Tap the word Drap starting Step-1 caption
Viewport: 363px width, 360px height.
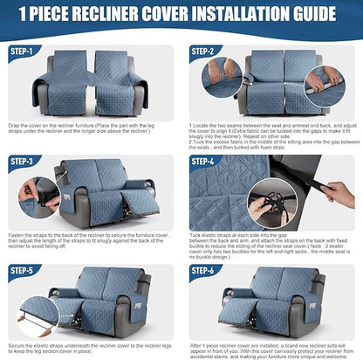[x=16, y=124]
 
